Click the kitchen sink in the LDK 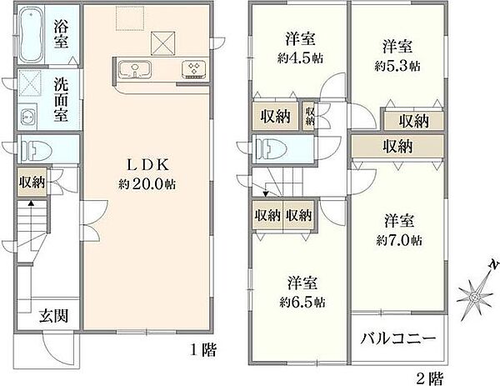pos(132,69)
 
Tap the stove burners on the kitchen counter pos(194,70)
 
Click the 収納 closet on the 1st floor pos(32,182)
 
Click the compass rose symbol pos(477,291)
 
